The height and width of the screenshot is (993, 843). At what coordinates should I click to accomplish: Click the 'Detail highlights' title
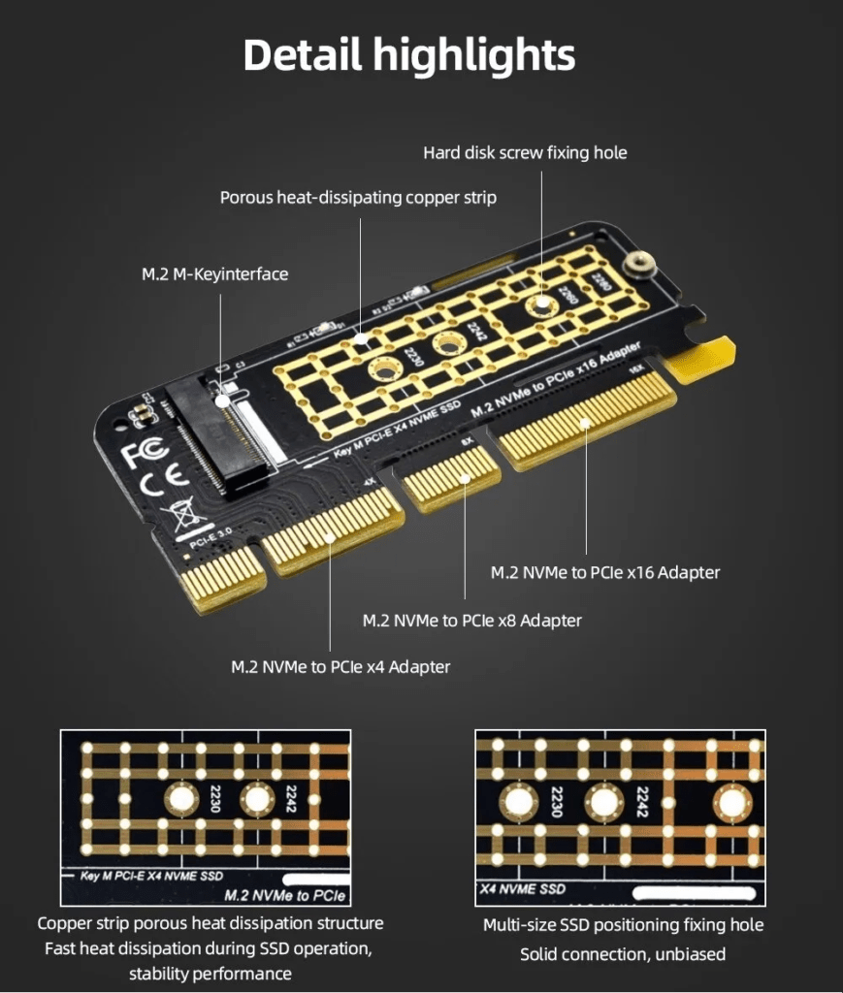click(x=408, y=56)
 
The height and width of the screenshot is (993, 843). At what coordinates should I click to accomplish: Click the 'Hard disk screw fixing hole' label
click(x=525, y=152)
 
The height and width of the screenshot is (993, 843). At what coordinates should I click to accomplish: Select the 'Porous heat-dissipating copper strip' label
click(x=358, y=198)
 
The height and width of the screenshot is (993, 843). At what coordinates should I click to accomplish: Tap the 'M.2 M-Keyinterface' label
click(x=214, y=274)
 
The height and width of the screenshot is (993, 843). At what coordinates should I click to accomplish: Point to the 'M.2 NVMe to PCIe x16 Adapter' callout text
click(x=605, y=572)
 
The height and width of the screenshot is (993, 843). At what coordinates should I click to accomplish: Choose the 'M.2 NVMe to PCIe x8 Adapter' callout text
click(x=471, y=620)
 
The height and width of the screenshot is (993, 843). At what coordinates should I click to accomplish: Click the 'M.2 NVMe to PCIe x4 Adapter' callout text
click(x=340, y=666)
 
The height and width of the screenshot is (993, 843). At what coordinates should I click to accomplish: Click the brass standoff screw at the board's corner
click(x=639, y=264)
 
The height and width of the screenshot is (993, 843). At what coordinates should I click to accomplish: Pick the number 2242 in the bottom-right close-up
click(x=641, y=802)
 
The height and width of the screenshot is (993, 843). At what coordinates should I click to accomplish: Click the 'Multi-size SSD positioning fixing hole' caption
click(x=623, y=925)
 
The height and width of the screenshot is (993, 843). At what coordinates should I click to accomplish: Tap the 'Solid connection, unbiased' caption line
click(x=623, y=954)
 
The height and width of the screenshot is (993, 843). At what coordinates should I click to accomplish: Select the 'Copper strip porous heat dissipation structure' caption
click(x=211, y=923)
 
